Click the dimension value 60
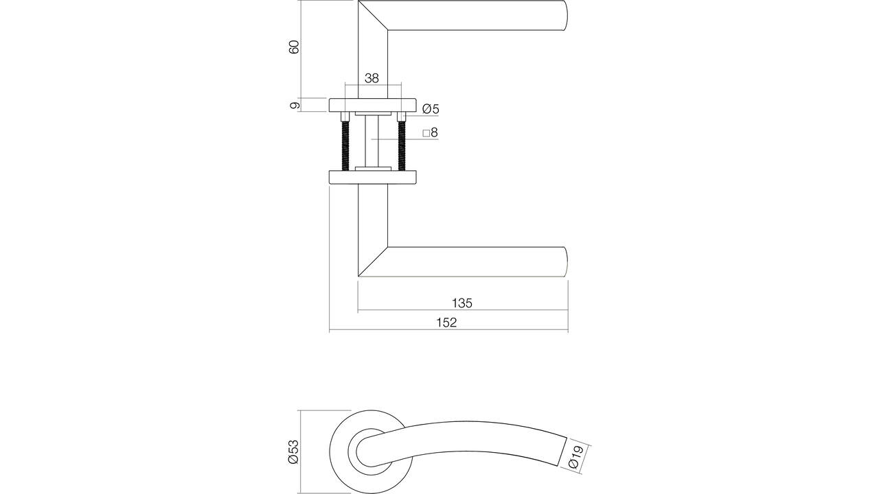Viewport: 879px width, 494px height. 295,47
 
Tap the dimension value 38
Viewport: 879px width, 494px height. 372,78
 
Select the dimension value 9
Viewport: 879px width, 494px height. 295,105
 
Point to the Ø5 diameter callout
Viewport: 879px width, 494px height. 431,109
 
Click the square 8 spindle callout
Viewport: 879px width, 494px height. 430,133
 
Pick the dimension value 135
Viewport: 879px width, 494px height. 462,303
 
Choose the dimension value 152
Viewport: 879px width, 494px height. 446,322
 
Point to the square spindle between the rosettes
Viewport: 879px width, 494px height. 372,141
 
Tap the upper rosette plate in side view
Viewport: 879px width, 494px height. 372,105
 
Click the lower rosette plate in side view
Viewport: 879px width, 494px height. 372,177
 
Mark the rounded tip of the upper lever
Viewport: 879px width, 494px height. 567,15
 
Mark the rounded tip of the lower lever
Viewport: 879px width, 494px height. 567,262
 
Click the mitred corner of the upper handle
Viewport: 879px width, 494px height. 373,15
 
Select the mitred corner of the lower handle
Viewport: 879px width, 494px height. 373,261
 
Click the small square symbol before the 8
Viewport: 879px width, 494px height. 426,134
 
